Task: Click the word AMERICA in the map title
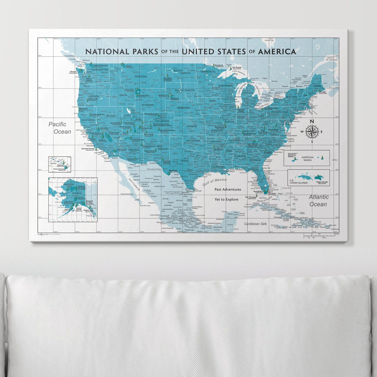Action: click(277, 52)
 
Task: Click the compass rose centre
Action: click(312, 131)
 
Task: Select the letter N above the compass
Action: click(312, 122)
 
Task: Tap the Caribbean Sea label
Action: click(255, 224)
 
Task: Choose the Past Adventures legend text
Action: click(228, 189)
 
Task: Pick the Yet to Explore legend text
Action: click(226, 199)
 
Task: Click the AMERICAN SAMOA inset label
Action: click(307, 159)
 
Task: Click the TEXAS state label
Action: click(184, 161)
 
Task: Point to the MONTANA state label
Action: click(141, 76)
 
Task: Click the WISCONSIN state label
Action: click(225, 85)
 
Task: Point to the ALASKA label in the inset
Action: click(77, 193)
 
